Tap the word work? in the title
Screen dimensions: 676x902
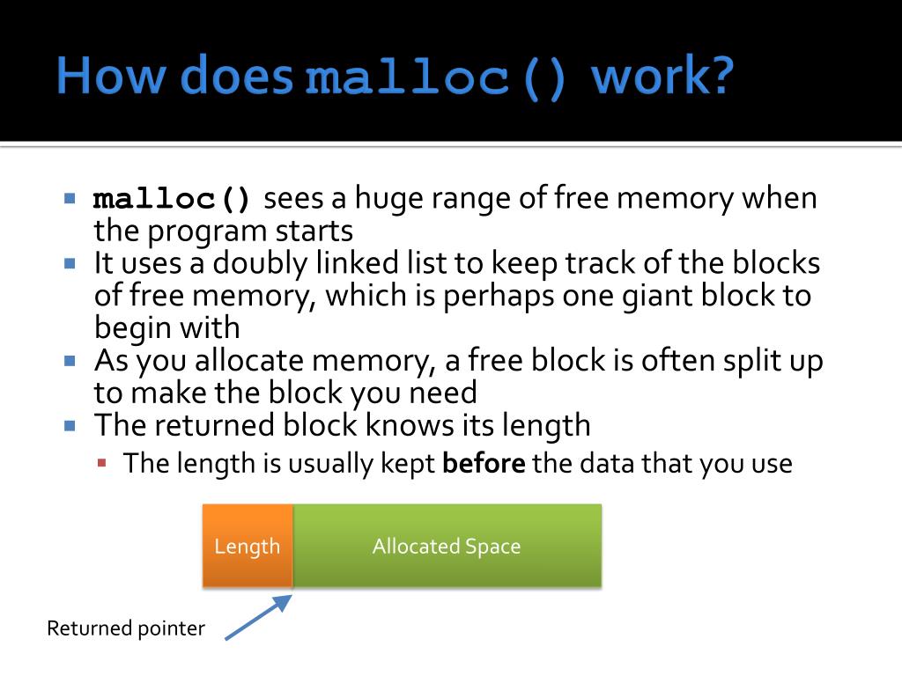(x=662, y=77)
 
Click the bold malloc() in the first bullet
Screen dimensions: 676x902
(x=173, y=199)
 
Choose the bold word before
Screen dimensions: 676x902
(x=484, y=463)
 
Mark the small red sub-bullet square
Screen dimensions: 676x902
(x=102, y=462)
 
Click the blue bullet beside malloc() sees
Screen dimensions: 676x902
(x=70, y=198)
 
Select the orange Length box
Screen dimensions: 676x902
(x=248, y=546)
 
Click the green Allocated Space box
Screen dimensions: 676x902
(x=447, y=546)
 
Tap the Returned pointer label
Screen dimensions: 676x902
(x=125, y=628)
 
